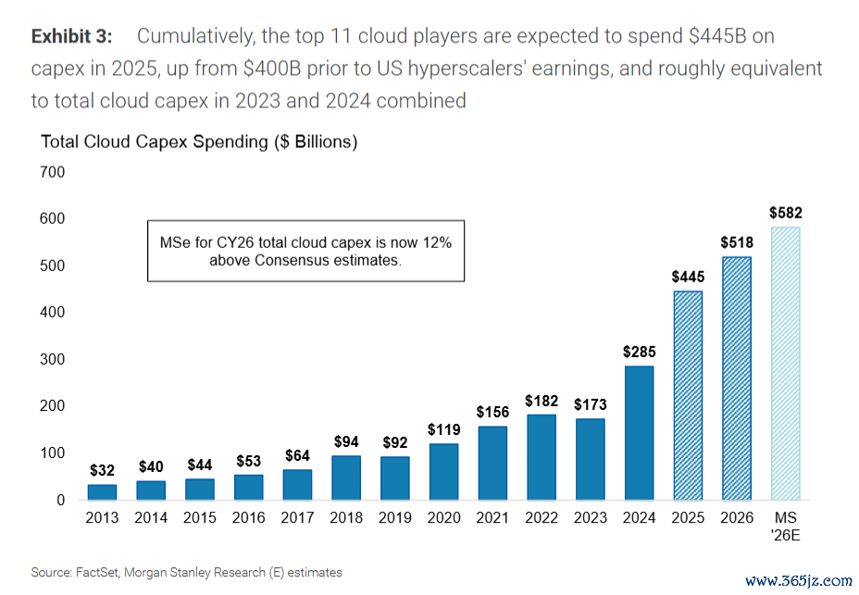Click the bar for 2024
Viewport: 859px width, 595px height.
(638, 433)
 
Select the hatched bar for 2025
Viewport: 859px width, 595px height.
(687, 396)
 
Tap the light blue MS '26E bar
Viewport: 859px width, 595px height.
(786, 364)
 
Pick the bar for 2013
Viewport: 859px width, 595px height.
(102, 492)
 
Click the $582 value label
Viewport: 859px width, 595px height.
(786, 213)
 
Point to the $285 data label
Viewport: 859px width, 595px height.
(638, 352)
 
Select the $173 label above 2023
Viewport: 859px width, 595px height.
(590, 404)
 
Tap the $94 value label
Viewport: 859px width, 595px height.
(345, 441)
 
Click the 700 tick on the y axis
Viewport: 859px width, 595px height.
(52, 172)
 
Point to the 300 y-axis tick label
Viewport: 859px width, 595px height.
(52, 359)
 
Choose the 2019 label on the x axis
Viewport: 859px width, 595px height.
(394, 517)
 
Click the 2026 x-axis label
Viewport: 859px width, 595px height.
(736, 517)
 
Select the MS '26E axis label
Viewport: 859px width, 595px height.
(786, 525)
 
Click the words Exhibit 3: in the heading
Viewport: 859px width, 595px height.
(71, 37)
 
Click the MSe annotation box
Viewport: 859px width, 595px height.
(305, 251)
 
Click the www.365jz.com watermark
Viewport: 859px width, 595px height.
(798, 581)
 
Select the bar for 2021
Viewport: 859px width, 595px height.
(492, 463)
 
